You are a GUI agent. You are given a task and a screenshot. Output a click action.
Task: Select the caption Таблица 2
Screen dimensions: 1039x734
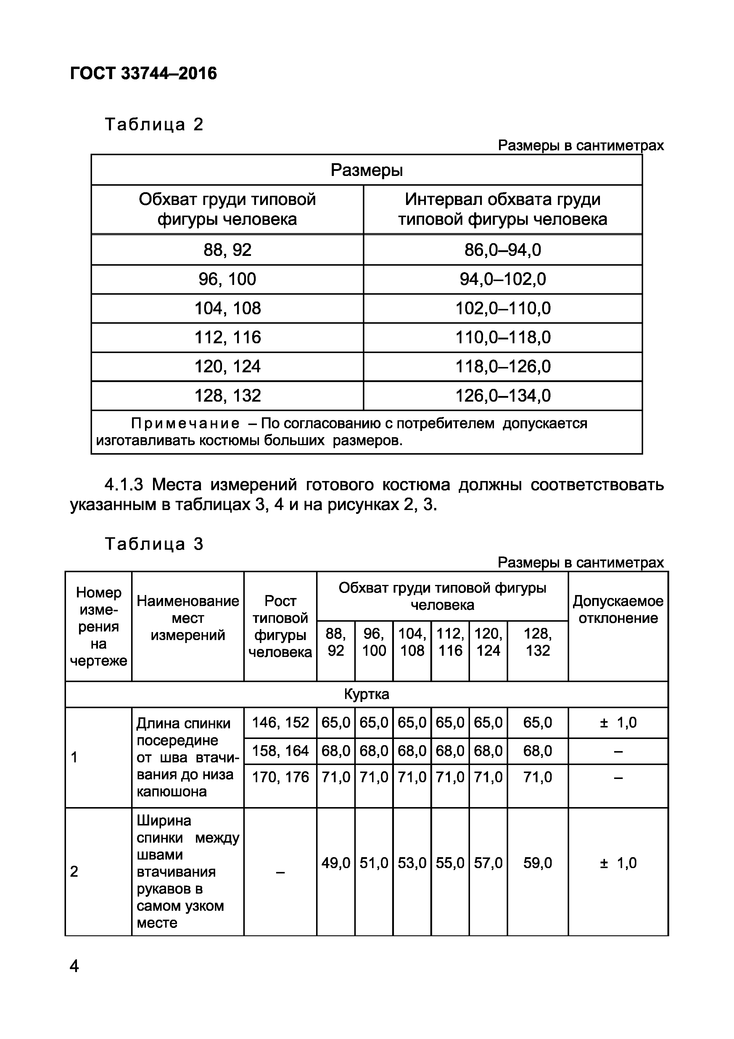tap(154, 124)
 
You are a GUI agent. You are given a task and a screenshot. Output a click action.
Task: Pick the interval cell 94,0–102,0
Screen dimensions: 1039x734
tap(503, 279)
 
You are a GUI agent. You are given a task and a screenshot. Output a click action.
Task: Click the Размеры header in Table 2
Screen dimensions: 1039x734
tap(366, 170)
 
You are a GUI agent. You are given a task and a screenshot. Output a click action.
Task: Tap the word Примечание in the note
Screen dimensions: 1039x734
tap(185, 424)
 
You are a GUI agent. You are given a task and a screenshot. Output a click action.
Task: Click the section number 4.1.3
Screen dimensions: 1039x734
tap(124, 485)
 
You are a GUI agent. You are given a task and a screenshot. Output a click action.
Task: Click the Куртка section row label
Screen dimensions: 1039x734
tap(366, 694)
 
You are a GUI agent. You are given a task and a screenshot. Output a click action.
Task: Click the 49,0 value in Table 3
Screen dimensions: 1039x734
tap(336, 863)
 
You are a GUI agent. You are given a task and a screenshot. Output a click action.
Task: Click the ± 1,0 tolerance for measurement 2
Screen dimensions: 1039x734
tap(618, 863)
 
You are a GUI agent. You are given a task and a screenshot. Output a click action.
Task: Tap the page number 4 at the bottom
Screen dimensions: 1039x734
tap(74, 966)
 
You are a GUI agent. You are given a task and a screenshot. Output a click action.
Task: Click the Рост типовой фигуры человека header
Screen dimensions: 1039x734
tap(280, 626)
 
